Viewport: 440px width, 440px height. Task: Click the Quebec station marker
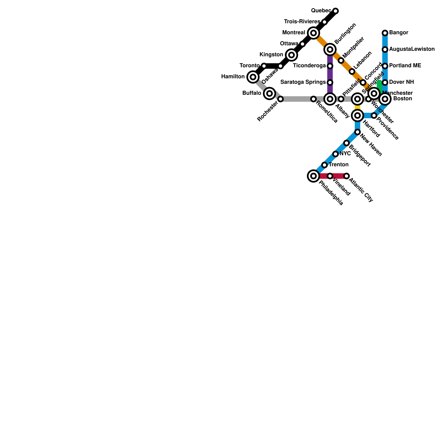[335, 11]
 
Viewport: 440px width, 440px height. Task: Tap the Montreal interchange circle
[313, 33]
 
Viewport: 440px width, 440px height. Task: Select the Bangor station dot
[385, 33]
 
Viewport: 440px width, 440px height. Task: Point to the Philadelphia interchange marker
[313, 176]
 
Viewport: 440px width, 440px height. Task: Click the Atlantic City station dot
[346, 176]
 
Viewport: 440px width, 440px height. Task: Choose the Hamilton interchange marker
[253, 77]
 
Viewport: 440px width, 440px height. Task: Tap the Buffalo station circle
[269, 94]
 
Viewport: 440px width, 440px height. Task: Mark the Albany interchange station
[330, 99]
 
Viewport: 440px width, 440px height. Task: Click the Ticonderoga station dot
[330, 66]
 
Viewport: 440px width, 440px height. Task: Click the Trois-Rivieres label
[302, 22]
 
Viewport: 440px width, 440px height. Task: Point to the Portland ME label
[405, 66]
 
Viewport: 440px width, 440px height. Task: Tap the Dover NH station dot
[385, 82]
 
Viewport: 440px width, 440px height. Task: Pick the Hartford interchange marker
[358, 116]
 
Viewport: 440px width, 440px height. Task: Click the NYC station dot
[335, 154]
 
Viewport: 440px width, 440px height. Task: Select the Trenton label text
[339, 165]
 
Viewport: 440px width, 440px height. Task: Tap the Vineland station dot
[330, 176]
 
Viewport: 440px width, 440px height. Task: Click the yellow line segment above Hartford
[358, 107]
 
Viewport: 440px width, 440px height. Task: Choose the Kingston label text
[271, 55]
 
